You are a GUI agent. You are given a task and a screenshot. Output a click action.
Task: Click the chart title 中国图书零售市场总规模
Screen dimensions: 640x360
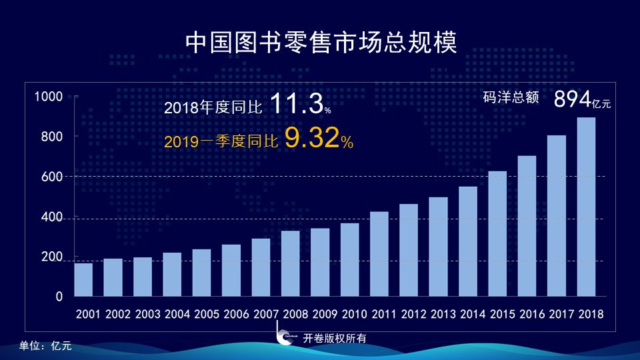[321, 43]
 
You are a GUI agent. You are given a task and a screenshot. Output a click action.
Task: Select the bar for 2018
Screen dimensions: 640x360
[586, 207]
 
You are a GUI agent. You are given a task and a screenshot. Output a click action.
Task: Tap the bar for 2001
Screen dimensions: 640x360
[83, 279]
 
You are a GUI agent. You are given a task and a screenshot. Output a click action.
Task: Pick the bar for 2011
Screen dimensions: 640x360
[379, 254]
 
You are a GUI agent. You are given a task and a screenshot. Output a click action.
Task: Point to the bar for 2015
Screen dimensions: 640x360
[497, 234]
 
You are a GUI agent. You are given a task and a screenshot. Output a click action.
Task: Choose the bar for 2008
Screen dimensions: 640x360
[291, 264]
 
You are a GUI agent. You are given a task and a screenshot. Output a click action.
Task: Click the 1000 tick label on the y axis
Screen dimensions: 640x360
[49, 97]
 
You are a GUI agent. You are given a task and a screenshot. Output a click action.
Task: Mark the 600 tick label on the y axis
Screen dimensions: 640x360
[52, 177]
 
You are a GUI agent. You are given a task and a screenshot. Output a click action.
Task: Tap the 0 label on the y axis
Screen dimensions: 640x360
[59, 297]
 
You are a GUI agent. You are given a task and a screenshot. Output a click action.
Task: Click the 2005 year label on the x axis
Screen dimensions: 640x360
[207, 314]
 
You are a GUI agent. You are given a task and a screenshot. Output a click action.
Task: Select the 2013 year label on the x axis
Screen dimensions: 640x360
[443, 314]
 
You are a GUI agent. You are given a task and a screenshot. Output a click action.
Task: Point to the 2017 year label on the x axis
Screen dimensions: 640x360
[561, 314]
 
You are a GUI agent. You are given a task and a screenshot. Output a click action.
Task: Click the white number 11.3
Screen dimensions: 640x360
[297, 103]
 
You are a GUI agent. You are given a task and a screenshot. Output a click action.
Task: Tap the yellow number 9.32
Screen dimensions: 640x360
[312, 137]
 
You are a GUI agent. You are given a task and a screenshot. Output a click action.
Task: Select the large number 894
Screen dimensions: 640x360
[572, 99]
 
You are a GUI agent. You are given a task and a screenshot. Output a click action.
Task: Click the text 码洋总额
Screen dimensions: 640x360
[511, 97]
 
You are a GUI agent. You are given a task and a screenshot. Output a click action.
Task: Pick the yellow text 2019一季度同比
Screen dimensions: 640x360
[221, 141]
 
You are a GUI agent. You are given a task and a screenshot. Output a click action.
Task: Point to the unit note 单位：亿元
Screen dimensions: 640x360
[45, 346]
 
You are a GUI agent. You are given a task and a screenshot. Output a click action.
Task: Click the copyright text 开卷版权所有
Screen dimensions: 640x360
[335, 339]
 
